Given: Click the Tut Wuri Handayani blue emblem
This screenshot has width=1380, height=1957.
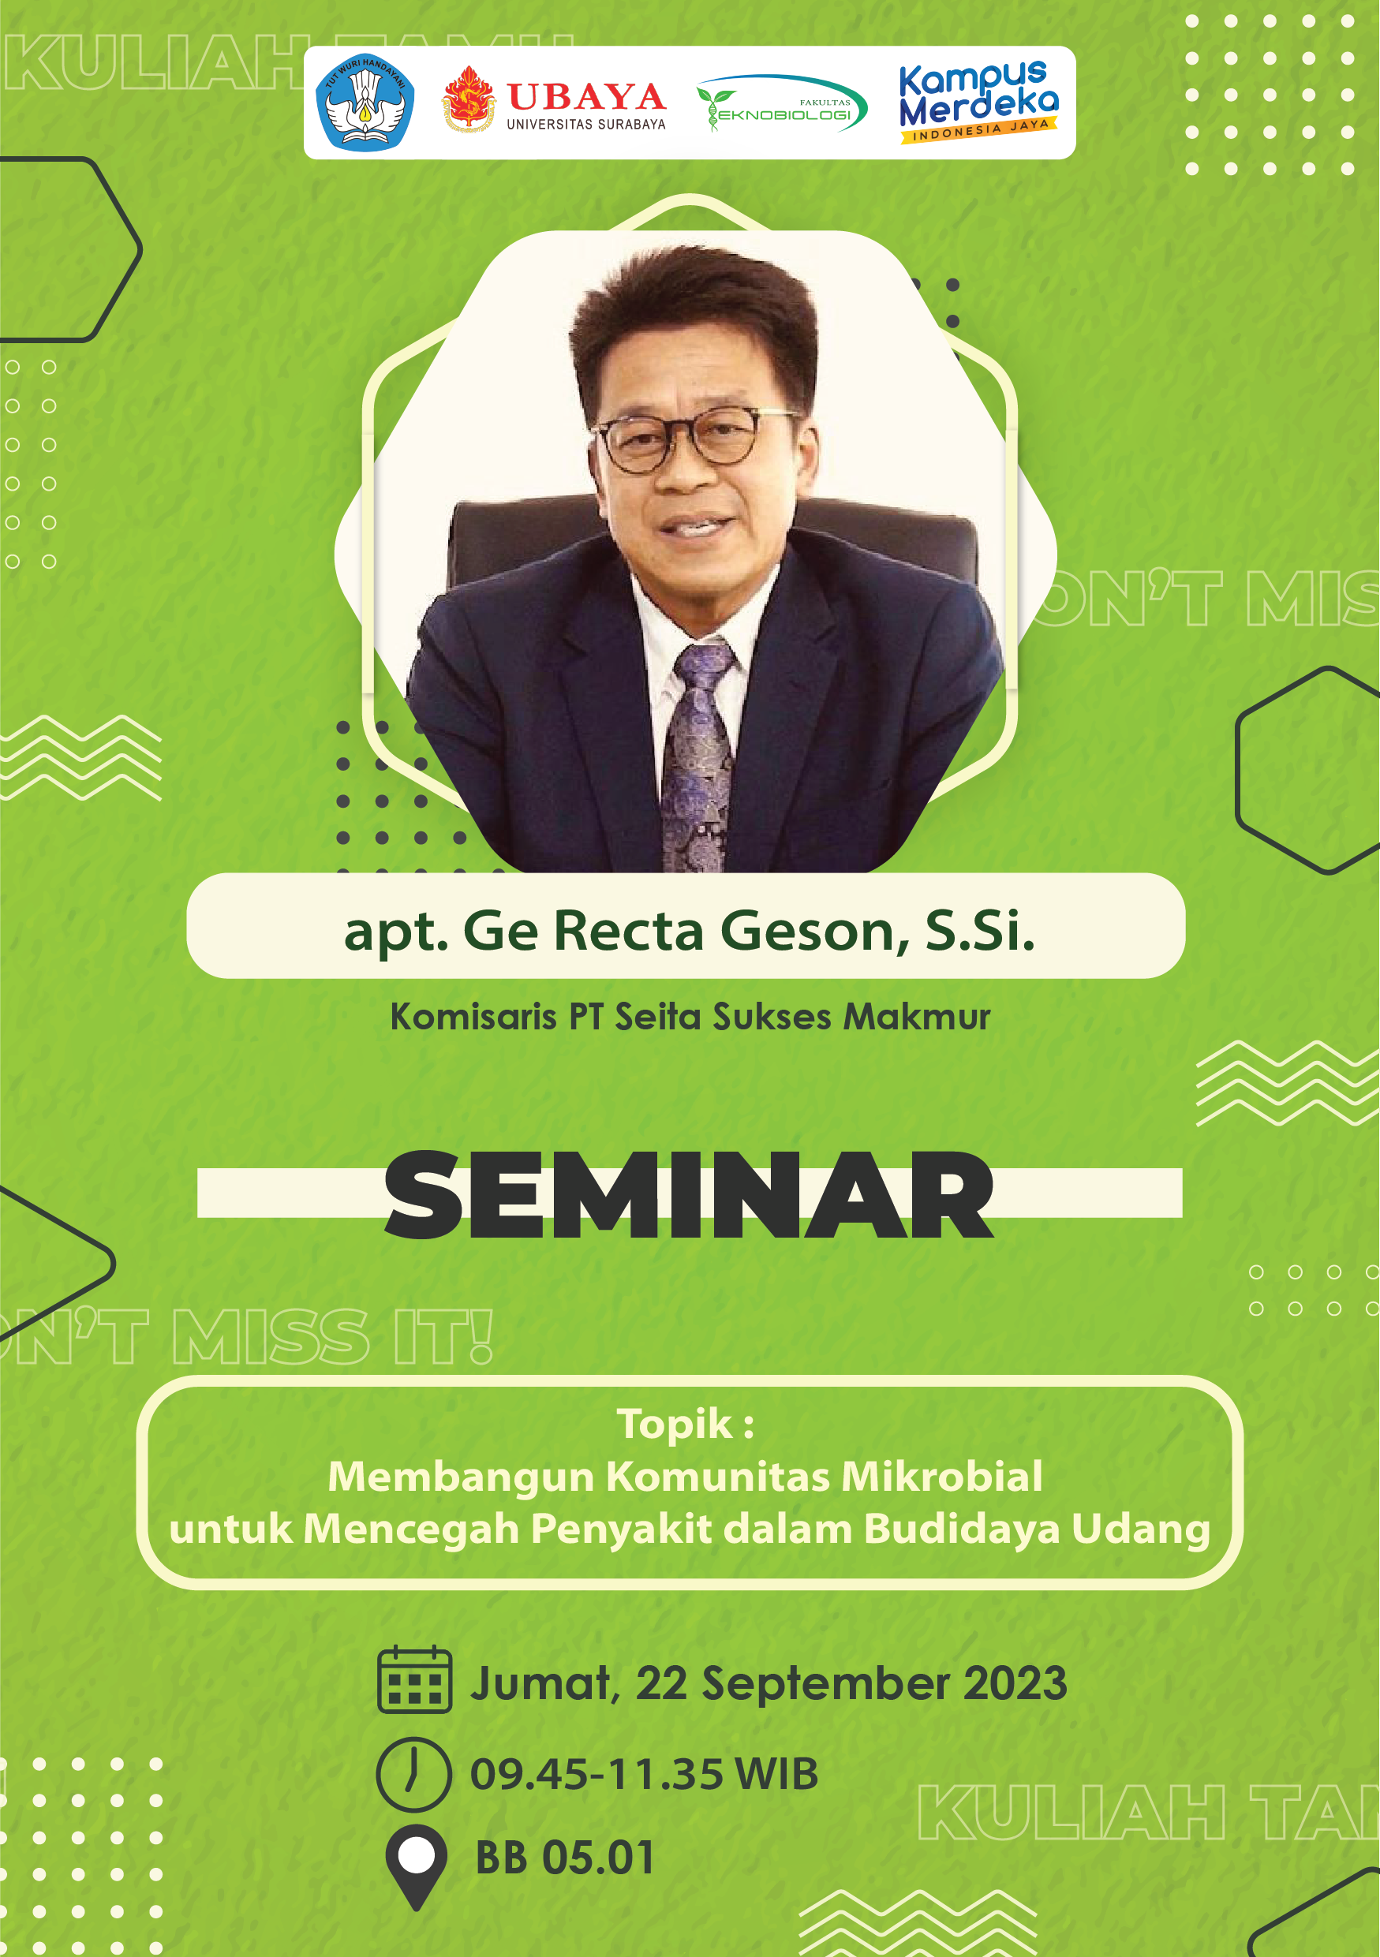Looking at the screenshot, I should pyautogui.click(x=365, y=103).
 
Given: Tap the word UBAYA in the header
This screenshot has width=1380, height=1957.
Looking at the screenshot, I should pyautogui.click(x=586, y=97).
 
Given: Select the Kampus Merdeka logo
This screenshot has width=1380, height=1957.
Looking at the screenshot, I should pyautogui.click(x=978, y=103).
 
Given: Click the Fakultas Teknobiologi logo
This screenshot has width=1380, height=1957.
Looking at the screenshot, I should pyautogui.click(x=783, y=104).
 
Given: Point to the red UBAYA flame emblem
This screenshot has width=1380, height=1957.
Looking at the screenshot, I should pyautogui.click(x=468, y=99).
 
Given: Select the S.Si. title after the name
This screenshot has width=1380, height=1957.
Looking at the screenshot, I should pyautogui.click(x=979, y=930).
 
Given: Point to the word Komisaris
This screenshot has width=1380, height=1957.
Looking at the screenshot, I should pyautogui.click(x=473, y=1017).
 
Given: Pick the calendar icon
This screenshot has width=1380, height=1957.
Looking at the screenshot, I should pyautogui.click(x=414, y=1680).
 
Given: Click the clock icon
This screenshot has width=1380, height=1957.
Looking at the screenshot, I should pyautogui.click(x=413, y=1774).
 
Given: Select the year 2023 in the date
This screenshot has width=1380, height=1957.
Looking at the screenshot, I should pyautogui.click(x=1015, y=1683).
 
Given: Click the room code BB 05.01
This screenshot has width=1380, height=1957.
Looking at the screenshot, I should pyautogui.click(x=564, y=1858).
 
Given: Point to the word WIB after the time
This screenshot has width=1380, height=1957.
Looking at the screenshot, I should pyautogui.click(x=776, y=1775).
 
